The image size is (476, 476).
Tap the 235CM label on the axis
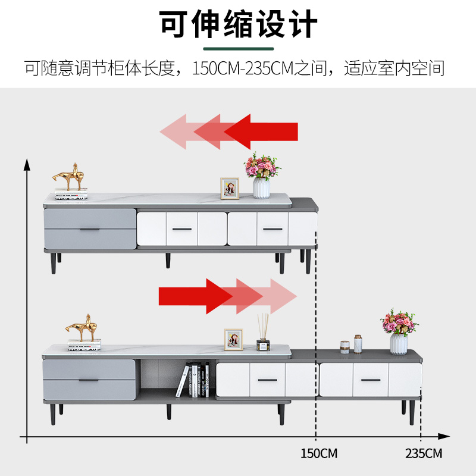click(x=424, y=453)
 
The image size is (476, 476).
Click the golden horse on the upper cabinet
click(x=70, y=177)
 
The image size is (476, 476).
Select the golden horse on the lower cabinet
click(x=83, y=327)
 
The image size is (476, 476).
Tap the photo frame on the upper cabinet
click(x=230, y=188)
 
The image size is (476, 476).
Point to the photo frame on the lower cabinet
click(x=233, y=339)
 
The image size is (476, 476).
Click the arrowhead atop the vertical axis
click(x=26, y=164)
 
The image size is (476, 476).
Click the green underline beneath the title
click(x=238, y=49)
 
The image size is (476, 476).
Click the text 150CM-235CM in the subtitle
click(x=243, y=68)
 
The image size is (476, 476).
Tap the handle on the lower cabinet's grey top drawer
click(x=89, y=376)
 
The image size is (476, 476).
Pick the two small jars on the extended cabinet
click(x=352, y=345)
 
